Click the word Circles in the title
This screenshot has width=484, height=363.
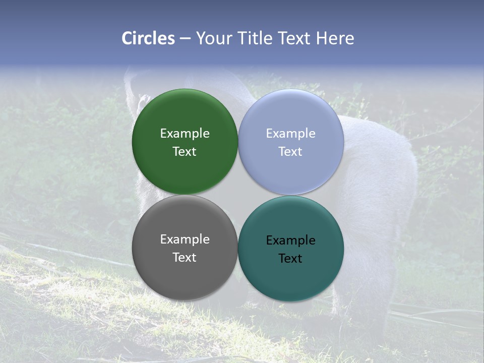pyautogui.click(x=148, y=38)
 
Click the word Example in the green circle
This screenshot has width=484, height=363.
pyautogui.click(x=185, y=134)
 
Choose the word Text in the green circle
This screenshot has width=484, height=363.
pyautogui.click(x=185, y=152)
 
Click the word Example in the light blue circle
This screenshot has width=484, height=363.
pyautogui.click(x=291, y=134)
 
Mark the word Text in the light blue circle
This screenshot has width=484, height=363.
pyautogui.click(x=291, y=152)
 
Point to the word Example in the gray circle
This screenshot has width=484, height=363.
pyautogui.click(x=185, y=239)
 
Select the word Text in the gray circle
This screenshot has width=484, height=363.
pyautogui.click(x=185, y=258)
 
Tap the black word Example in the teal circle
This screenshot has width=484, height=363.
pyautogui.click(x=291, y=240)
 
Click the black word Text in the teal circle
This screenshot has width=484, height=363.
pyautogui.click(x=291, y=259)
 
